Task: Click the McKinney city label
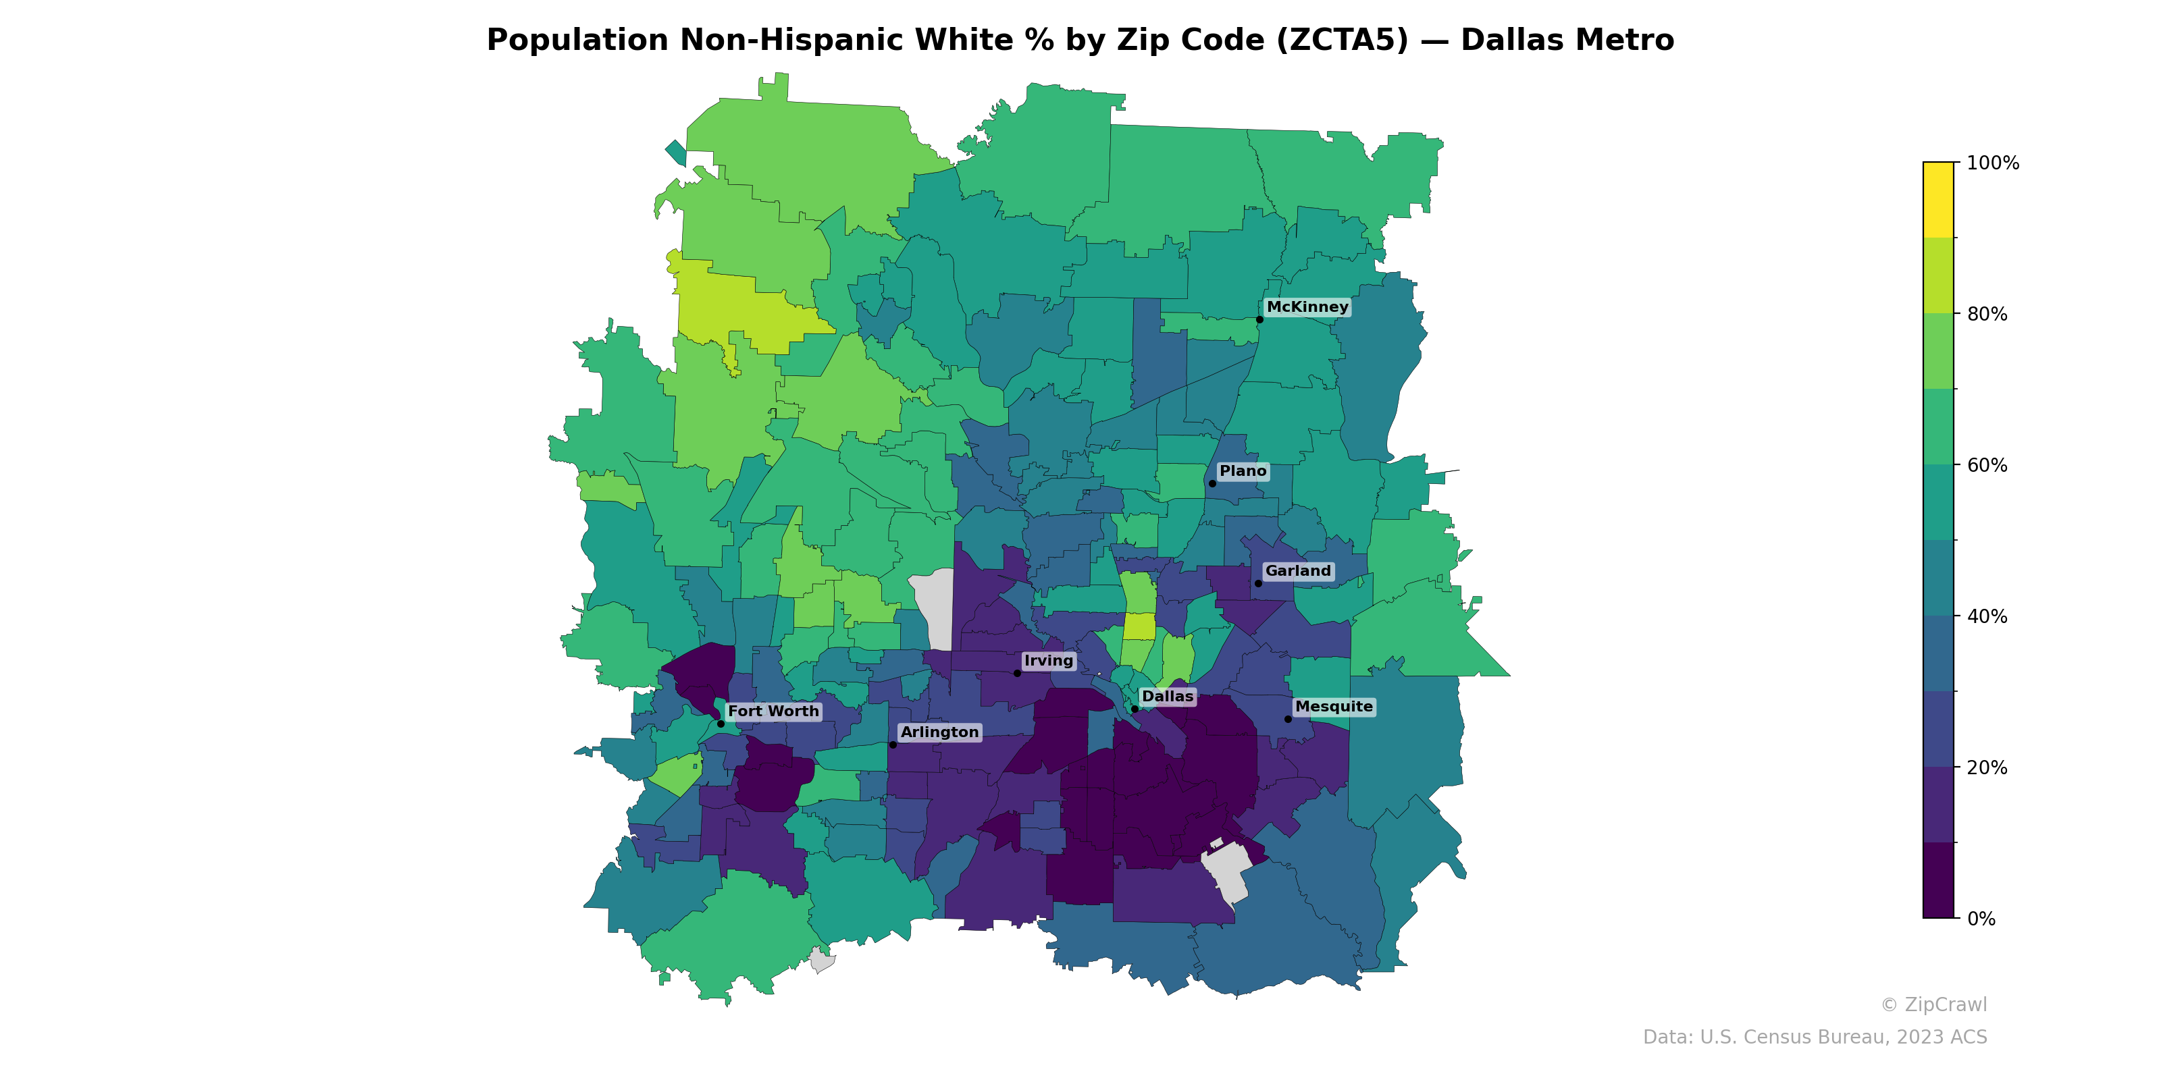tap(1307, 307)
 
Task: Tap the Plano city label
tap(1243, 471)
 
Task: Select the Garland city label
tap(1298, 571)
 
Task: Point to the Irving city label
tap(1049, 661)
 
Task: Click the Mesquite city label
tap(1334, 707)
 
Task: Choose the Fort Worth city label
tap(773, 711)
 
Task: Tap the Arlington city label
tap(939, 732)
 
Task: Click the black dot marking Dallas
tap(1135, 709)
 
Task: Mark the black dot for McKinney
tap(1259, 319)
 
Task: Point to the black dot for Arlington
tap(893, 745)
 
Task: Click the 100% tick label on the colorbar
tap(1992, 163)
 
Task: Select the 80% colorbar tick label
tap(1987, 315)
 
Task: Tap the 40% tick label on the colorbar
tap(1987, 616)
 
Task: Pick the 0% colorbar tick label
tap(1981, 919)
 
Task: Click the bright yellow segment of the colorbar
tap(1938, 200)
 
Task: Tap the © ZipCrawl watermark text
tap(1933, 1004)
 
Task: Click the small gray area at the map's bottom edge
tap(821, 960)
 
